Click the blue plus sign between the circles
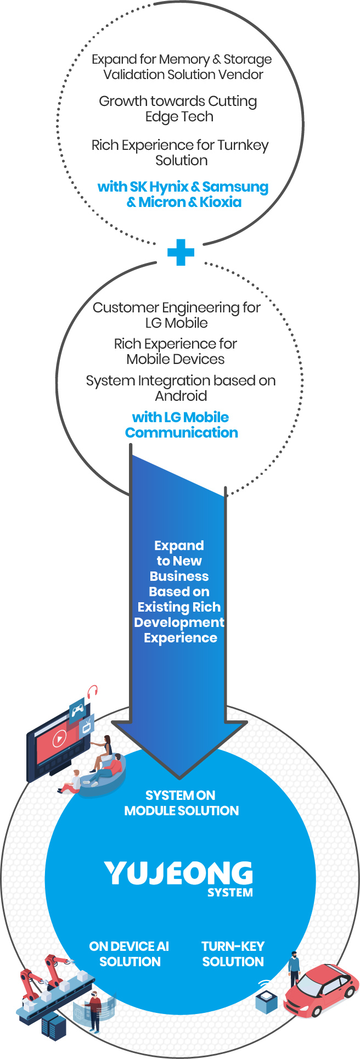181,252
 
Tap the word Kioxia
220,202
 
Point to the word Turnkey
243,145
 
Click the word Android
181,396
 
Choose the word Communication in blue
182,433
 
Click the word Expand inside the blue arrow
179,546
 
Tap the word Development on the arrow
179,623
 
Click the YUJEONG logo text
178,873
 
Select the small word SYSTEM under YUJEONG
230,893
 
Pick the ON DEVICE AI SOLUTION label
130,954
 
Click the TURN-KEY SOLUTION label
233,954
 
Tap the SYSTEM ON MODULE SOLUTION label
181,803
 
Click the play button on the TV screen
59,739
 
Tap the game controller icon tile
77,710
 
